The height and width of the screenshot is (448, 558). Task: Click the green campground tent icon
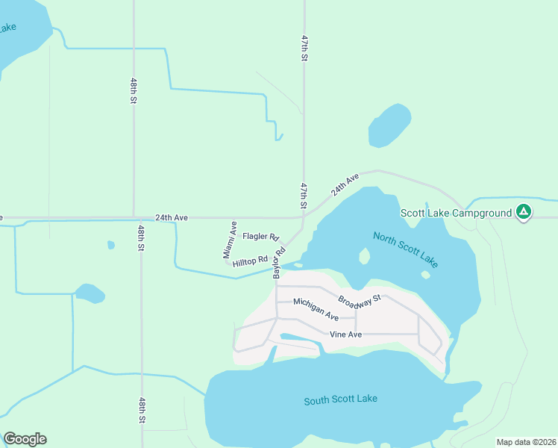524,213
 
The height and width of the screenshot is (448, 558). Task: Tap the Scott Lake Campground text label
456,213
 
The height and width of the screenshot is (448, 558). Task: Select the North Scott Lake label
405,250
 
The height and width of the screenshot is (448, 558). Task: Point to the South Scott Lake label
340,399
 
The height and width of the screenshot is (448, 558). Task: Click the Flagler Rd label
260,236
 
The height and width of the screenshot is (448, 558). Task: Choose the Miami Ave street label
230,240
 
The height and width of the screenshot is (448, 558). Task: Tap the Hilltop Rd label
250,261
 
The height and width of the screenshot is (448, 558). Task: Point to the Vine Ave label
346,335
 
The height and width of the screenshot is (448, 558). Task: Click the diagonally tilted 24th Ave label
345,184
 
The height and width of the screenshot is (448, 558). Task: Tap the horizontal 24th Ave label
171,218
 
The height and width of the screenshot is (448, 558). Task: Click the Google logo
25,439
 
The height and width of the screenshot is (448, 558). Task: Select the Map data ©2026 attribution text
526,442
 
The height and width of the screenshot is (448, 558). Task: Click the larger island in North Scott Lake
365,256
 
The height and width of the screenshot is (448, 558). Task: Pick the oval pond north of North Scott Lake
389,125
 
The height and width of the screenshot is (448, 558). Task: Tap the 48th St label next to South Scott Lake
141,410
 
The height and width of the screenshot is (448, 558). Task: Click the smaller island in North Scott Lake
425,274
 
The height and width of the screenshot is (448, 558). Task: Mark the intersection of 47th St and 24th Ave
304,218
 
